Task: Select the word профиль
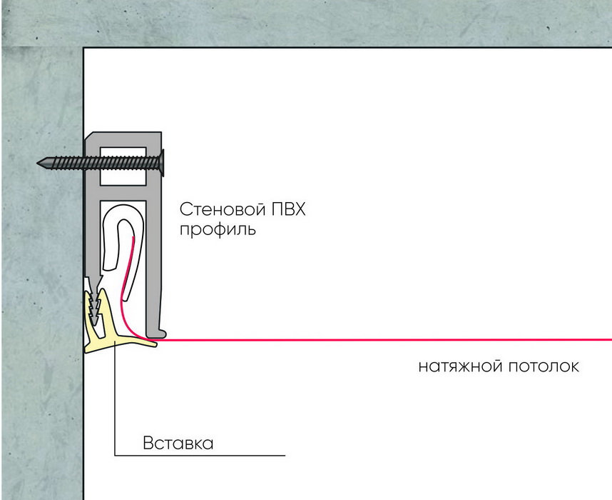pos(218,229)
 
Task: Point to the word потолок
pos(544,366)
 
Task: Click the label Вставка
pos(178,444)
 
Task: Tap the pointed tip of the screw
pos(38,163)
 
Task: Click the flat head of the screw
pos(162,163)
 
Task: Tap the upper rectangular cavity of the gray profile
pos(123,166)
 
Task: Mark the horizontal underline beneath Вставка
pos(200,456)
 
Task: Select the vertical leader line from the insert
pos(115,399)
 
